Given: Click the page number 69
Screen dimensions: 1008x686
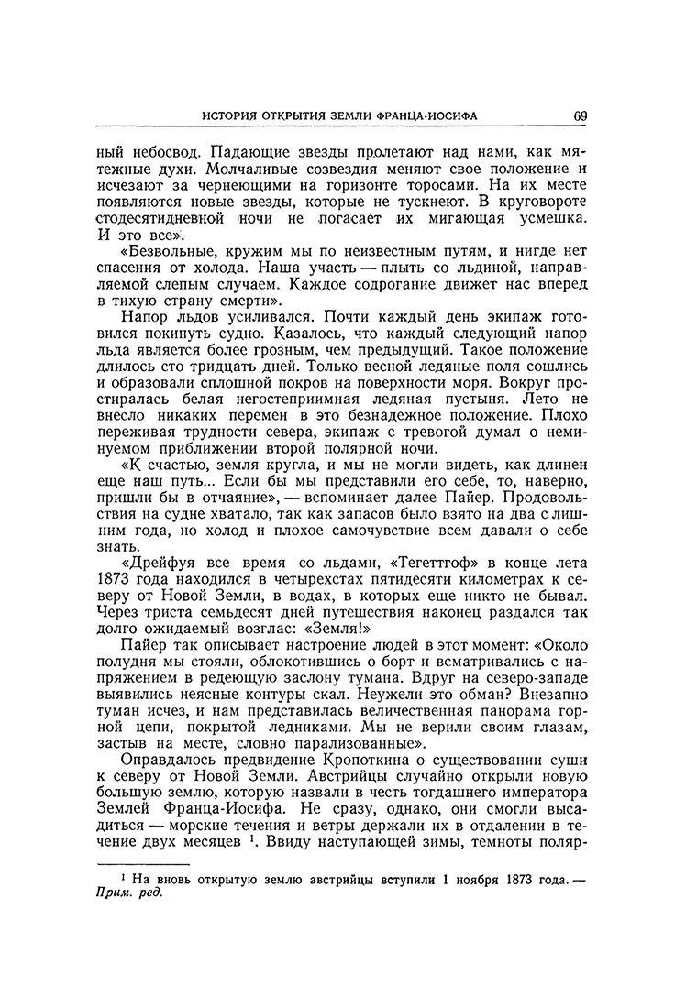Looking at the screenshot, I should tap(581, 116).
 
